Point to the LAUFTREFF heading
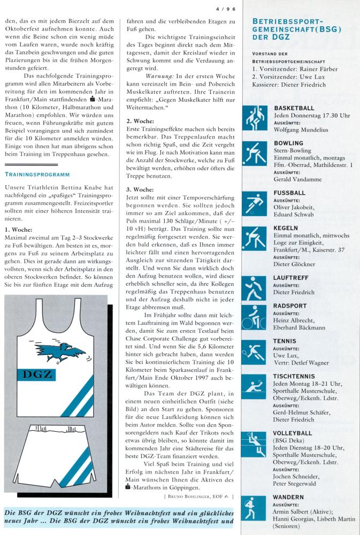click(290, 278)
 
